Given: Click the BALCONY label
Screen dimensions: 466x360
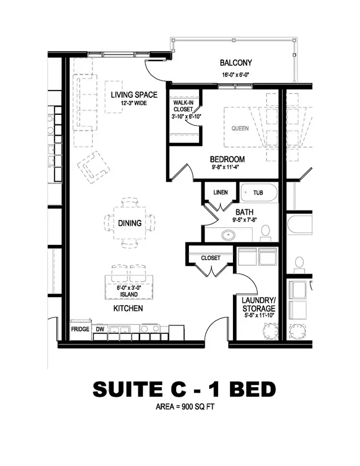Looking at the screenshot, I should pyautogui.click(x=236, y=63).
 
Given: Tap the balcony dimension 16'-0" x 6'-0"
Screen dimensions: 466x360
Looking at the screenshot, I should pyautogui.click(x=236, y=74).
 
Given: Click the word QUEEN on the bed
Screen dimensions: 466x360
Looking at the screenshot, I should pyautogui.click(x=240, y=128).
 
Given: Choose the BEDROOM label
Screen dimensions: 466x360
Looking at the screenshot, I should pyautogui.click(x=227, y=159).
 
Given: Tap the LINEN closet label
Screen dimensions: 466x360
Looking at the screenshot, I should pyautogui.click(x=220, y=192).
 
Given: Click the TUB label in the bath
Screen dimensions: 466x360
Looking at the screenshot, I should pyautogui.click(x=258, y=192).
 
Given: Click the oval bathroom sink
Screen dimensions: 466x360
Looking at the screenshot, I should pyautogui.click(x=228, y=235).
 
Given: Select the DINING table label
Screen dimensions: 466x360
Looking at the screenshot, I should pyautogui.click(x=130, y=223).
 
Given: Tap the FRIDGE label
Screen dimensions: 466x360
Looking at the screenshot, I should pyautogui.click(x=80, y=328).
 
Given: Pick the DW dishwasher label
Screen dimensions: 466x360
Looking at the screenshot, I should pyautogui.click(x=100, y=328).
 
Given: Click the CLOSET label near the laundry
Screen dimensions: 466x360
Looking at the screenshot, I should pyautogui.click(x=211, y=258).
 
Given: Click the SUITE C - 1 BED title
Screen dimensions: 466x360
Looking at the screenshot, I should pyautogui.click(x=184, y=389).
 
